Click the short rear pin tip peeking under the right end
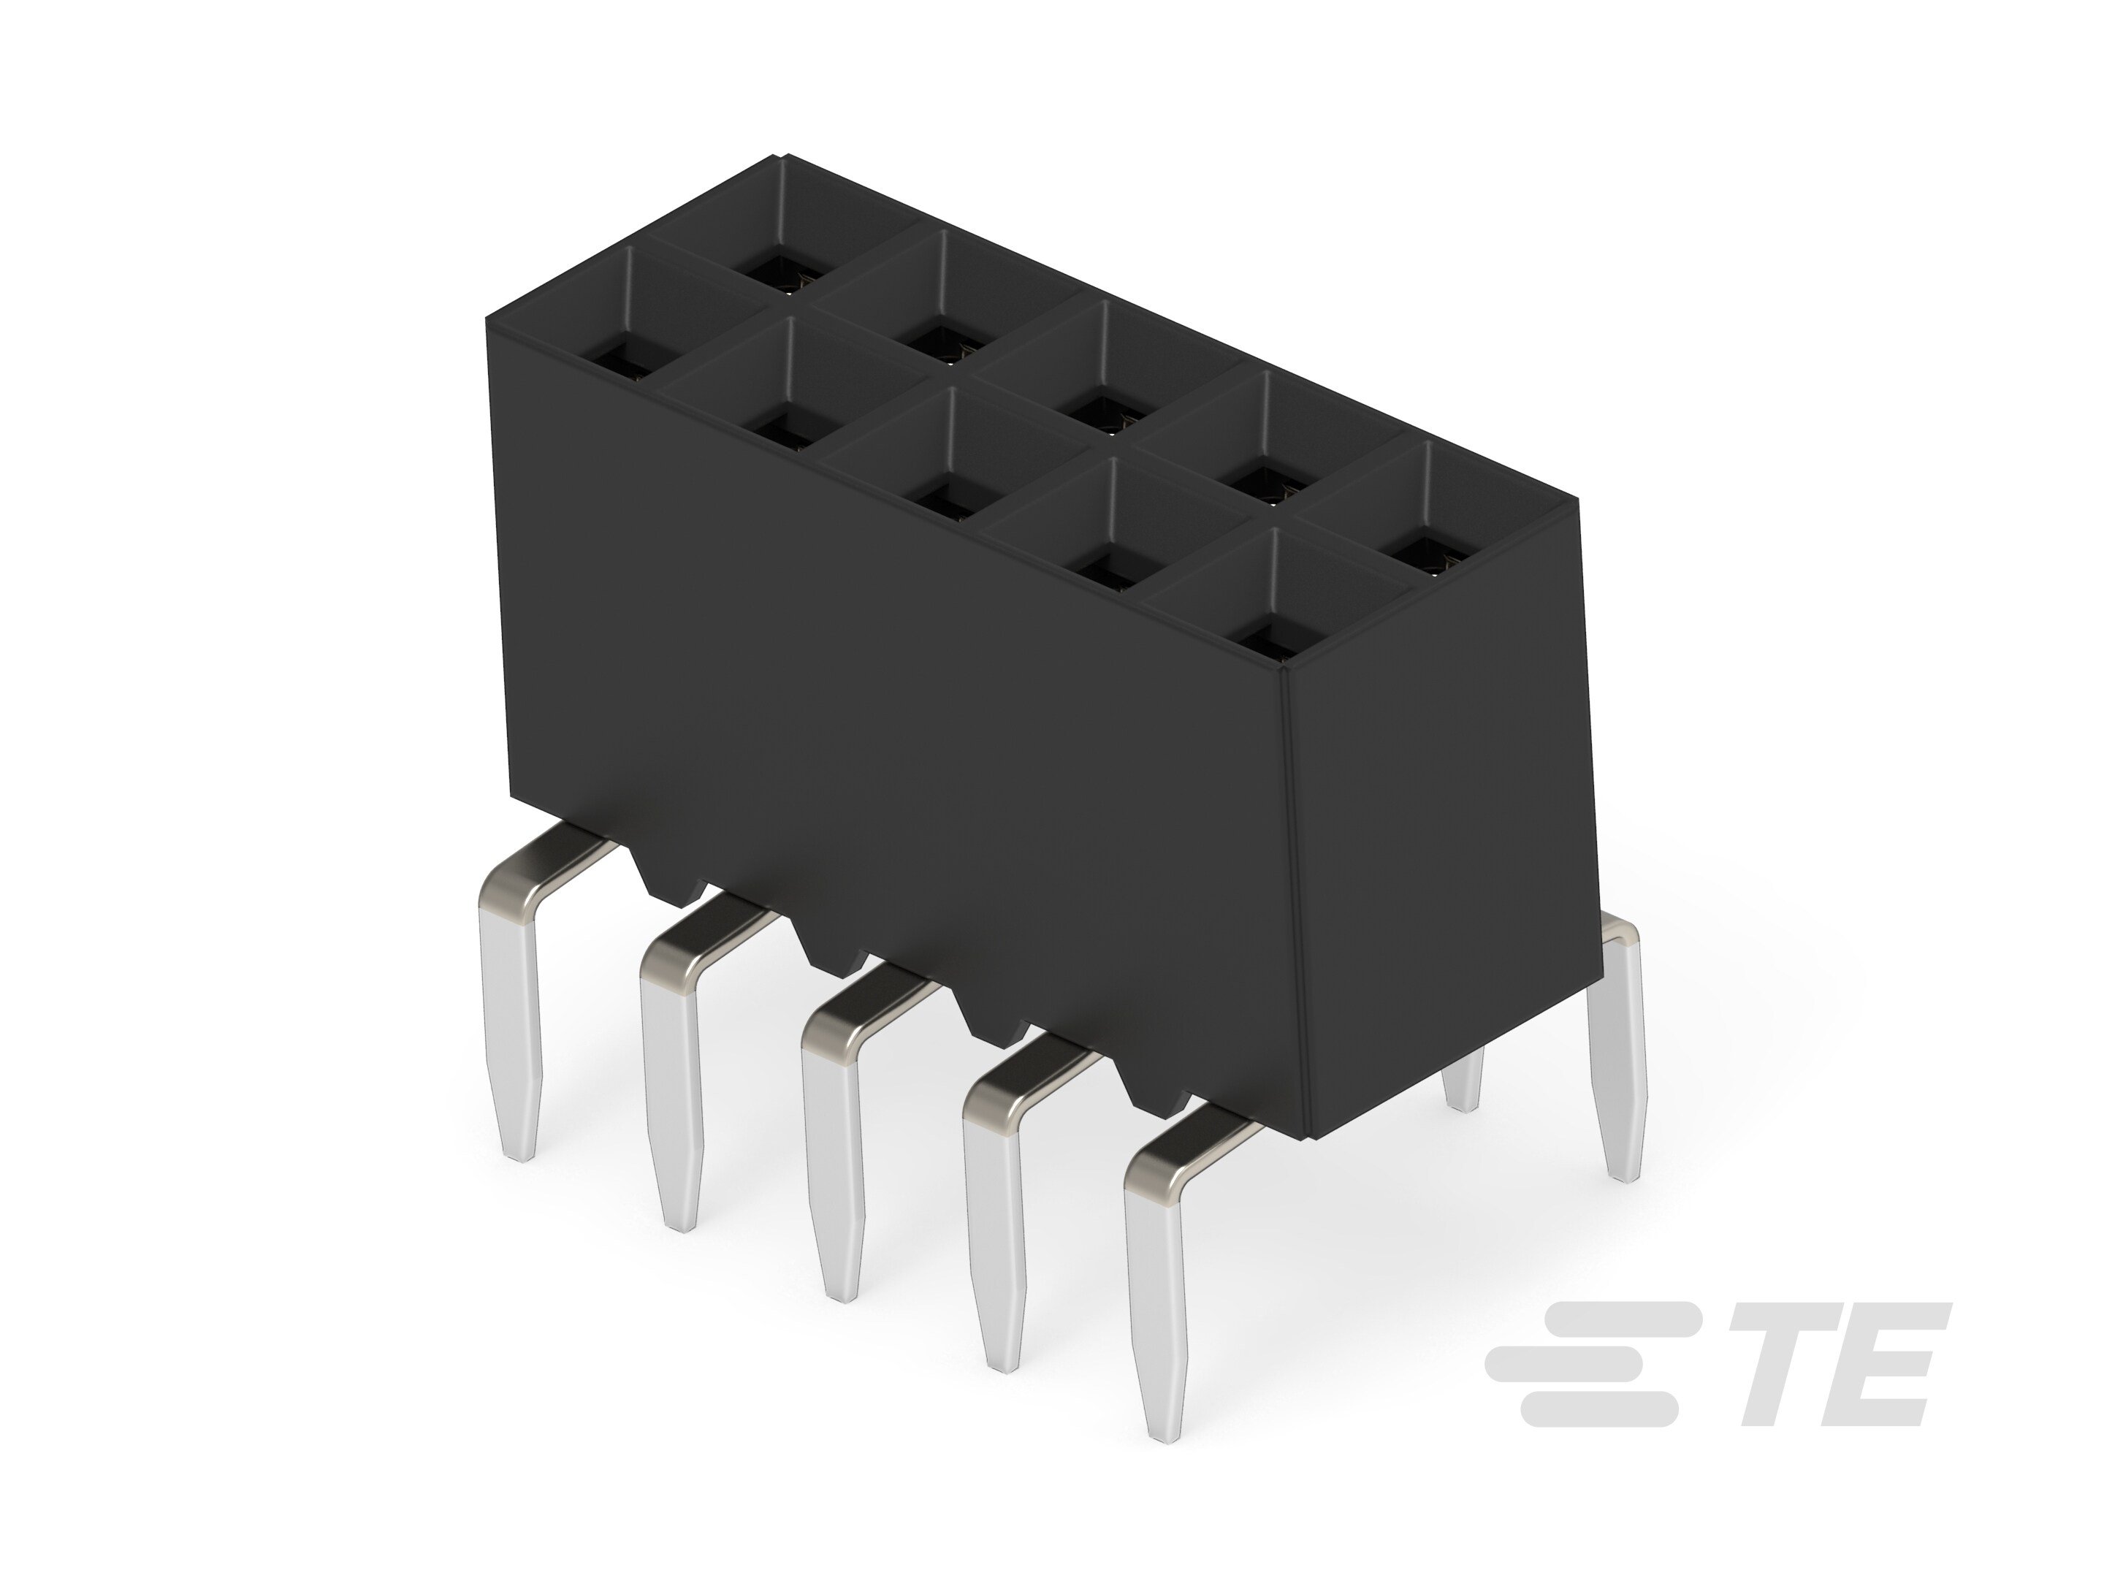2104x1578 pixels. click(x=1463, y=1094)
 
